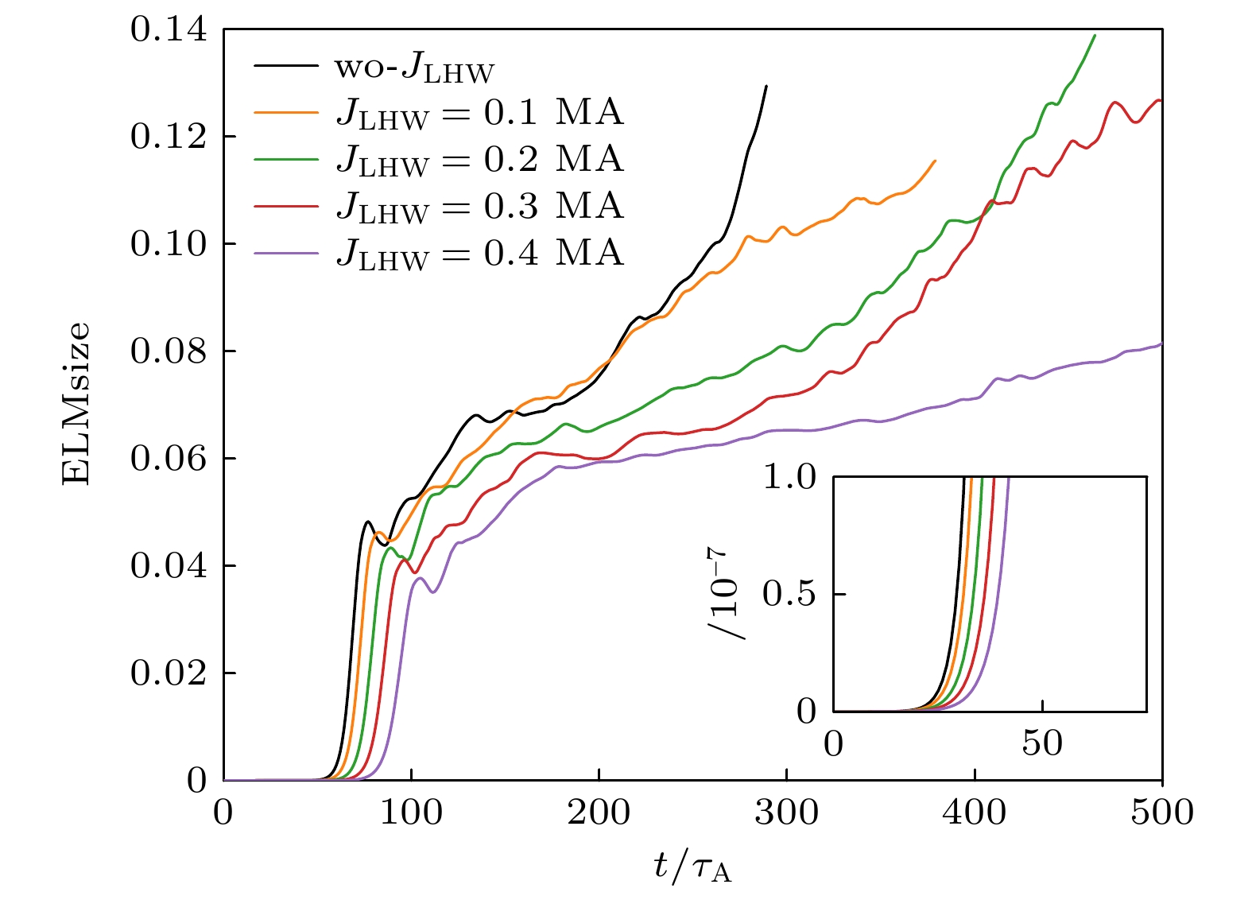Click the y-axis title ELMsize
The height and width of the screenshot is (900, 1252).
(x=76, y=404)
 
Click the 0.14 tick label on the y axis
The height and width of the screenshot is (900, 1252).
(x=169, y=30)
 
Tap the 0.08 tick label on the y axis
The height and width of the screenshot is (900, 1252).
(x=169, y=351)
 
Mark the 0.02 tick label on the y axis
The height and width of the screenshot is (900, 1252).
(x=169, y=673)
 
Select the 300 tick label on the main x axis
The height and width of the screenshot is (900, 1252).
(x=786, y=813)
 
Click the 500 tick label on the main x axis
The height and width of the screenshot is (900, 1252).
(x=1161, y=813)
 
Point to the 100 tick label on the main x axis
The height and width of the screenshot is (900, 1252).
(x=411, y=813)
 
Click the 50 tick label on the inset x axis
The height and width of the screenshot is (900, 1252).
(x=1042, y=743)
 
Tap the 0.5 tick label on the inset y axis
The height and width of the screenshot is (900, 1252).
(x=789, y=594)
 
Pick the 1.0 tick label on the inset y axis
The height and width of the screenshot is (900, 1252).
(x=789, y=477)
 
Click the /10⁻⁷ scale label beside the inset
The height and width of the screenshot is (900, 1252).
(x=727, y=592)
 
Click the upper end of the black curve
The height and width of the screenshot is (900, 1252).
(x=766, y=87)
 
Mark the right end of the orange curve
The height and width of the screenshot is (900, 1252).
(x=935, y=161)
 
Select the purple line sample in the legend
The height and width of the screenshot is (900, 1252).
(x=286, y=254)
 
